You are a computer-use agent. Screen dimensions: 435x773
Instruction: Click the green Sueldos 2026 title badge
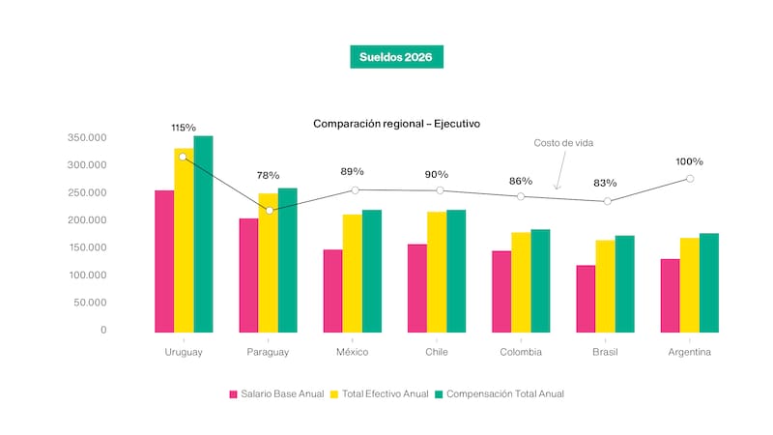click(x=396, y=57)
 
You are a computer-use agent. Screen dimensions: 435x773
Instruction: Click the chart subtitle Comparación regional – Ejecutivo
click(x=396, y=124)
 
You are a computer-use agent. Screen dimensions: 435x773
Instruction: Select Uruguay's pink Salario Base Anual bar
click(x=164, y=261)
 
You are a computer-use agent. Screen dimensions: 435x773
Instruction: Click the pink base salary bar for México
click(x=332, y=291)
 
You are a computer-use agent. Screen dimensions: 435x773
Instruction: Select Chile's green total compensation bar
click(x=456, y=271)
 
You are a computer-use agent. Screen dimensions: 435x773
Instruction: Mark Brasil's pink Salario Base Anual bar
click(x=586, y=299)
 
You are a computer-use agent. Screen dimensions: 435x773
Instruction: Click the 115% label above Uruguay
click(x=184, y=128)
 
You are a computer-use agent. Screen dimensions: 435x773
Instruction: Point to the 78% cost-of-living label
click(x=268, y=176)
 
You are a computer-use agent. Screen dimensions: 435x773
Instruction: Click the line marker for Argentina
click(x=690, y=179)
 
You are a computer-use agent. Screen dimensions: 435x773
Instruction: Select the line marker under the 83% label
click(x=607, y=201)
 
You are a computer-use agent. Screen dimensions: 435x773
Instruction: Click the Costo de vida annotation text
click(x=563, y=143)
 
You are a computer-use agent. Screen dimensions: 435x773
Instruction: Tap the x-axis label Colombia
click(x=520, y=353)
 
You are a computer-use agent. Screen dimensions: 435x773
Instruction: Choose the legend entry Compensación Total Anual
click(x=499, y=394)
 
